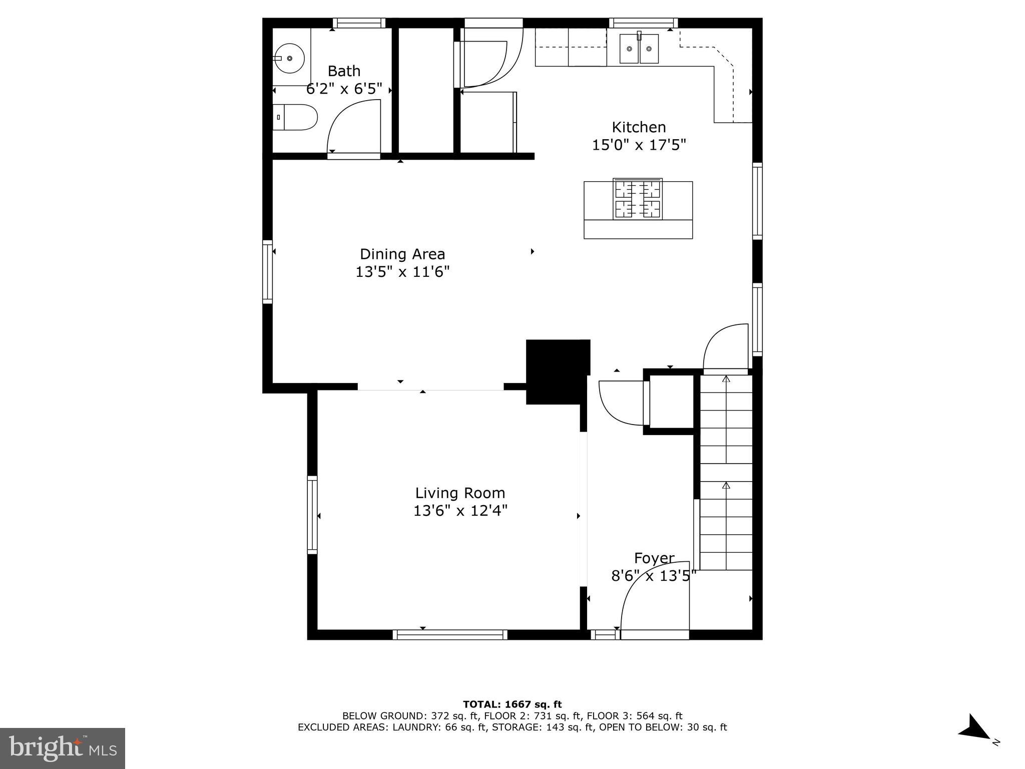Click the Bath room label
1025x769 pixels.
click(344, 71)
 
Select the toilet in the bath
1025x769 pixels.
click(295, 117)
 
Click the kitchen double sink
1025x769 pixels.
click(639, 49)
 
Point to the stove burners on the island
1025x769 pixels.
click(638, 200)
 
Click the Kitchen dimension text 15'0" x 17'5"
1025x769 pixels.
click(639, 145)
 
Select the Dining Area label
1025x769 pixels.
click(402, 254)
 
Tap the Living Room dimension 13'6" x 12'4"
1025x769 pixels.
click(460, 511)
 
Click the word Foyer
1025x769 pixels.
click(654, 558)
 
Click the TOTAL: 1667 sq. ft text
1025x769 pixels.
click(512, 704)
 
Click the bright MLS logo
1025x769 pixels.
click(63, 748)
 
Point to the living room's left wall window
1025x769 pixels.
click(312, 515)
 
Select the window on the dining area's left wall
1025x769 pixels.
click(268, 272)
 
